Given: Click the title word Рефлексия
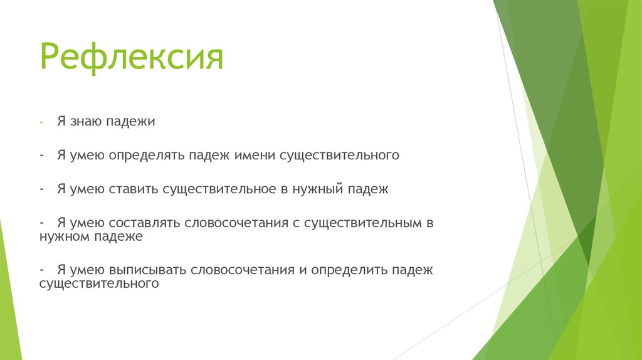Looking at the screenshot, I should click(x=132, y=58).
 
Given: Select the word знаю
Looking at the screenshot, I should click(x=85, y=121).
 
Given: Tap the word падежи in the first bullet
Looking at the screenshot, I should click(x=131, y=122).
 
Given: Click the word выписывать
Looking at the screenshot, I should click(x=148, y=270).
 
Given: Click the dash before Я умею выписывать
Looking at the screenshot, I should click(x=41, y=270).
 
